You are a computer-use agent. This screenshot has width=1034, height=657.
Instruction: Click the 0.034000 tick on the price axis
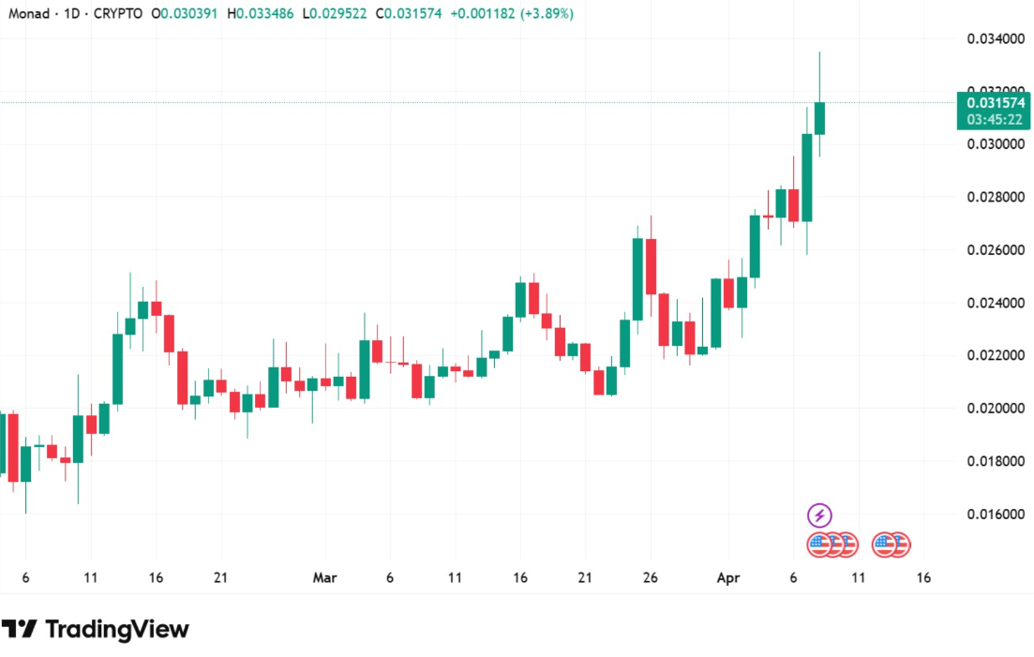(997, 39)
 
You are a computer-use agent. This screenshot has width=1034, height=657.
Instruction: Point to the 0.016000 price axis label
(997, 515)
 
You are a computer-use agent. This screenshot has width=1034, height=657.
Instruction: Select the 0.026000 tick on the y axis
(997, 250)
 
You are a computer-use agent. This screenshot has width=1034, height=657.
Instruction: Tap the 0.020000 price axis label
(997, 409)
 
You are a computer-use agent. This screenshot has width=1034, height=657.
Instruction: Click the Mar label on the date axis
(324, 578)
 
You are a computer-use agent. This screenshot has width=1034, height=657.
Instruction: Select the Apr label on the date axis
(728, 578)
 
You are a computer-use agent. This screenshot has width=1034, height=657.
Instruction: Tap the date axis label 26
(650, 578)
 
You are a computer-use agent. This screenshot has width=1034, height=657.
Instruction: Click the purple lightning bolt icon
(819, 515)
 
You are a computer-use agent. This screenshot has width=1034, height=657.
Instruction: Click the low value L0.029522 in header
(336, 14)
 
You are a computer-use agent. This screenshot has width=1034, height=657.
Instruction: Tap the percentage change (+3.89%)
(541, 14)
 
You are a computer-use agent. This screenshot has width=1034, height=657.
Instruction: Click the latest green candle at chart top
(819, 118)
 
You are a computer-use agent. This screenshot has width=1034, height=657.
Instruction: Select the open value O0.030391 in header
(187, 14)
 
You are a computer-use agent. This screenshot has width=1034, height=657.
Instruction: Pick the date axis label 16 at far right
(923, 578)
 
